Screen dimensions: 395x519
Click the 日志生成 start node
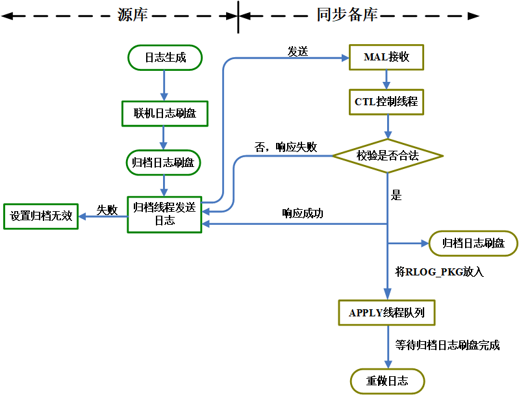tap(165, 57)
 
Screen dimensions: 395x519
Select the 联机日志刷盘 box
tap(165, 113)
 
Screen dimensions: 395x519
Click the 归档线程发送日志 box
tap(164, 214)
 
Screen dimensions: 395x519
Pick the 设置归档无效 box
tap(41, 216)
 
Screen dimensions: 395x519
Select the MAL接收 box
tap(386, 57)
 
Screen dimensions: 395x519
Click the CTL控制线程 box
tap(387, 102)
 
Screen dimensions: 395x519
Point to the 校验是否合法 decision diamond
tap(387, 156)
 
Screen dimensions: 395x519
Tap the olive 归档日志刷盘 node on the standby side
tap(474, 244)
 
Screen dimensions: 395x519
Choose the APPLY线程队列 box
tap(387, 312)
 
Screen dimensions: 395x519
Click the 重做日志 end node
tap(387, 381)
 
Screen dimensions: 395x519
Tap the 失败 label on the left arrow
tap(107, 210)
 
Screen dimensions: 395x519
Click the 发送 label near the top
tap(297, 52)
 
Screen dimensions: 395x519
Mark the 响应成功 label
tap(303, 213)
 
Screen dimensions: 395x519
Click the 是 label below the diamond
tap(397, 194)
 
